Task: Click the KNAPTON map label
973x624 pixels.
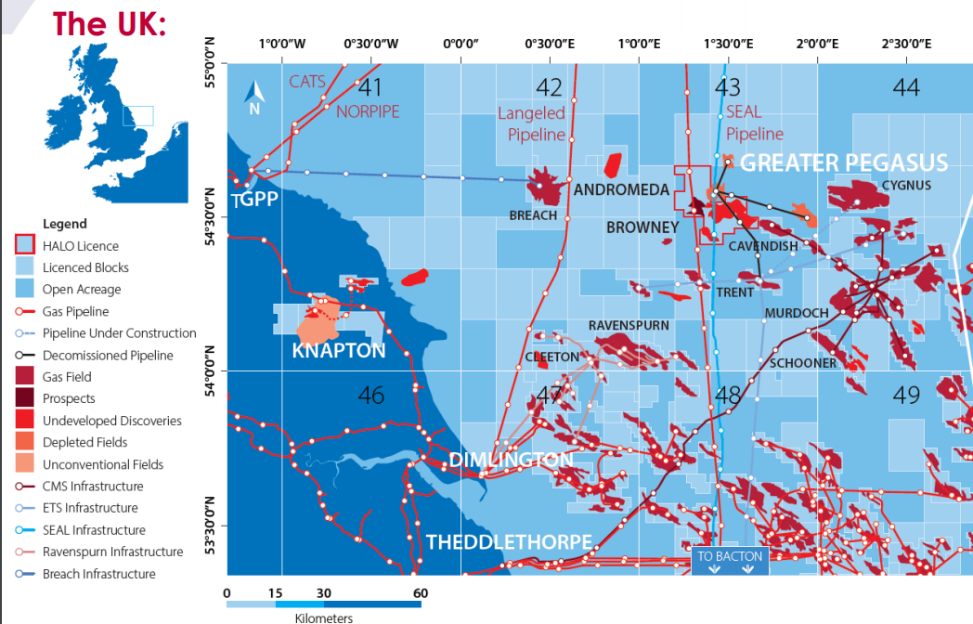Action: [x=338, y=351]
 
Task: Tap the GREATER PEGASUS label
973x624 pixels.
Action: [x=844, y=162]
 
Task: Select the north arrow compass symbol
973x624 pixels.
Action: [x=254, y=96]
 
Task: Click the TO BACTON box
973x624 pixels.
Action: [x=730, y=560]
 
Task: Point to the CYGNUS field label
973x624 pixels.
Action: [x=906, y=185]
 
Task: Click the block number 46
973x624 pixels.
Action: [x=370, y=396]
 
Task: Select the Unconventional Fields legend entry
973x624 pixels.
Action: [x=102, y=464]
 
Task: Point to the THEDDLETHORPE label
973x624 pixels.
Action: [x=509, y=541]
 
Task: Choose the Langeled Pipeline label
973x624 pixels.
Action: [x=532, y=123]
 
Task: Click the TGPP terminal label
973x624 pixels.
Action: [x=254, y=200]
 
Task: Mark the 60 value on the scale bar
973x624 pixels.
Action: [x=419, y=592]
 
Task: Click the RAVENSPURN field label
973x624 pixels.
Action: [x=629, y=326]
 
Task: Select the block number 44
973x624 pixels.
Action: [x=905, y=86]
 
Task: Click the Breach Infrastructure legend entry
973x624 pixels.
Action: [x=98, y=574]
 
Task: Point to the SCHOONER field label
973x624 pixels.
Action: [x=802, y=363]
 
